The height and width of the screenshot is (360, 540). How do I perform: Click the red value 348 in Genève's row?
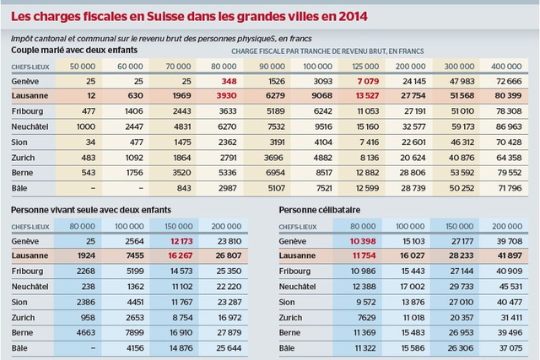tap(228, 80)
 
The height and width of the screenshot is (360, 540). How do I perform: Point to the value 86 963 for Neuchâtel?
tap(514, 126)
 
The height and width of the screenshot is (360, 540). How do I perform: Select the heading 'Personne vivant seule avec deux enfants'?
tap(94, 210)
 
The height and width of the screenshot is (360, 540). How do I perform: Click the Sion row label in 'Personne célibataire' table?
tap(287, 301)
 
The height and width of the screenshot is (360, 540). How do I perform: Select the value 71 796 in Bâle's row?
tap(514, 187)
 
